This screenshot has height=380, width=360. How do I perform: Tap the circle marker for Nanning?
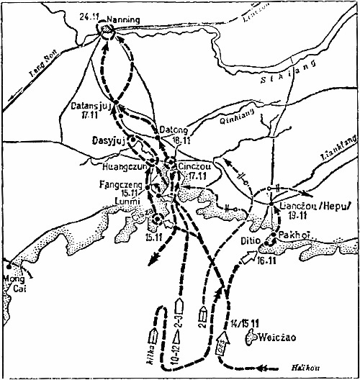pos(107,30)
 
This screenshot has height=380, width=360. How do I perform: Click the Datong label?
pos(172,121)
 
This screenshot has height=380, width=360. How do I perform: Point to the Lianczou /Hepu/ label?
pos(308,207)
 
